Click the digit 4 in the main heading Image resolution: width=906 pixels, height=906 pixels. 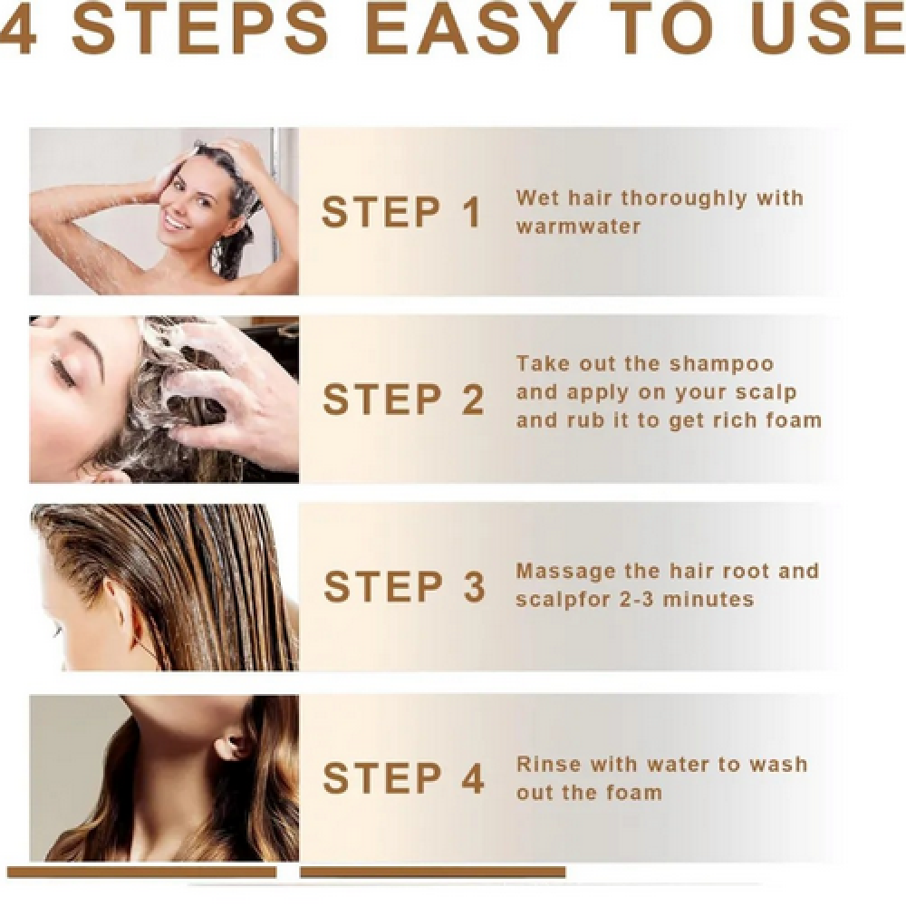(x=18, y=27)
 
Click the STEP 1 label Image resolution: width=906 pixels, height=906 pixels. (x=401, y=211)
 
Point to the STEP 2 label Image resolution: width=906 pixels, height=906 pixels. (x=403, y=399)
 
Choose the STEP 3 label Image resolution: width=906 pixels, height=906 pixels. (x=404, y=586)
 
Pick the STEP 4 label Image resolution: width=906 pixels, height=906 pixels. (x=403, y=777)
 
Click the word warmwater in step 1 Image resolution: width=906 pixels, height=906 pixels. (x=578, y=226)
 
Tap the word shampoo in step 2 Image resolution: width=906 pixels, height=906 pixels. (x=721, y=365)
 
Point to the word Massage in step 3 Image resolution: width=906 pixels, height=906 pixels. (x=565, y=572)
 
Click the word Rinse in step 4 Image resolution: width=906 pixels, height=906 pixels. (x=548, y=765)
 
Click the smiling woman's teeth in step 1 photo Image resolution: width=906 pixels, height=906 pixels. (x=175, y=220)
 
